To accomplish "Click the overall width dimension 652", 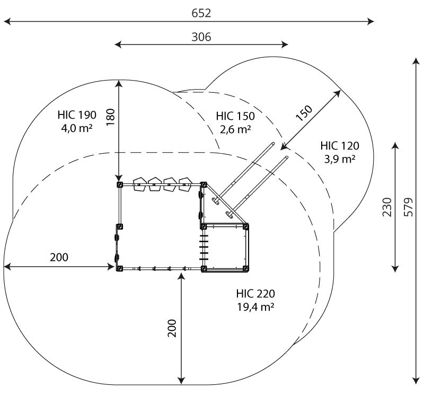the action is pos(201,13).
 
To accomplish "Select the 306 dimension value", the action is pos(201,37).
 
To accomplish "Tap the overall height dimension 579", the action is pos(409,207).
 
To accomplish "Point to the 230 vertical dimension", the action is pos(387,207).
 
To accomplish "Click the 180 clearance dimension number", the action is pos(111,117).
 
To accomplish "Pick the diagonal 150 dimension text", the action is pos(304,113).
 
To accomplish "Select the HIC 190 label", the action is pos(77,115).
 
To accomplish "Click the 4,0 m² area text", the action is pos(77,128).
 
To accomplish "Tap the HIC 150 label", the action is pos(235,116).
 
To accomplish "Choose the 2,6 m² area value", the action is pos(235,129).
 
